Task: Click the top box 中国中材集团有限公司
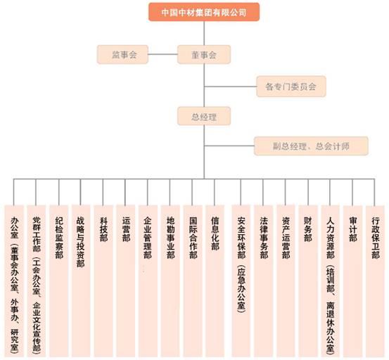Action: click(204, 12)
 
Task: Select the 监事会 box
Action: click(123, 54)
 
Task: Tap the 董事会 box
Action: click(204, 54)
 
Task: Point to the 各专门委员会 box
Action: click(291, 86)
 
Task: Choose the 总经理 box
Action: click(204, 116)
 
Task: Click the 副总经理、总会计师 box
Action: click(311, 146)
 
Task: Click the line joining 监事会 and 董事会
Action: click(162, 54)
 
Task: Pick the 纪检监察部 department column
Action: click(59, 281)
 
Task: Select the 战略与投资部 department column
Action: click(81, 281)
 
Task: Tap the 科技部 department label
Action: click(103, 229)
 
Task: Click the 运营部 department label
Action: click(126, 229)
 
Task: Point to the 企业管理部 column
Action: click(148, 281)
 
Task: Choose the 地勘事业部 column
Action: click(170, 281)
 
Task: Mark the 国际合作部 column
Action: click(193, 281)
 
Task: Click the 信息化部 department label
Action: click(215, 233)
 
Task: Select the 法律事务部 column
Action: click(264, 281)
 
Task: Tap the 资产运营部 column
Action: click(286, 281)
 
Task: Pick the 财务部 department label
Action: click(308, 229)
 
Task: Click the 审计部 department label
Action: click(353, 229)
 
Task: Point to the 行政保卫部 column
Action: click(376, 281)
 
